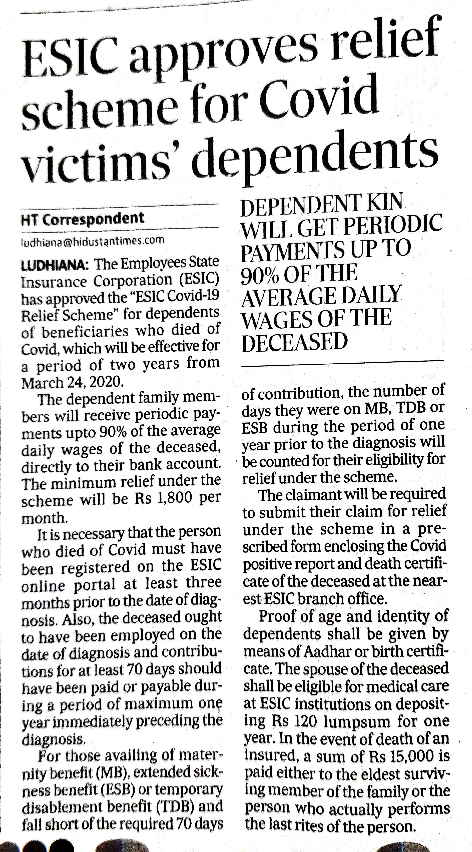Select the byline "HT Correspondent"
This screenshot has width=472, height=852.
tap(83, 219)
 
